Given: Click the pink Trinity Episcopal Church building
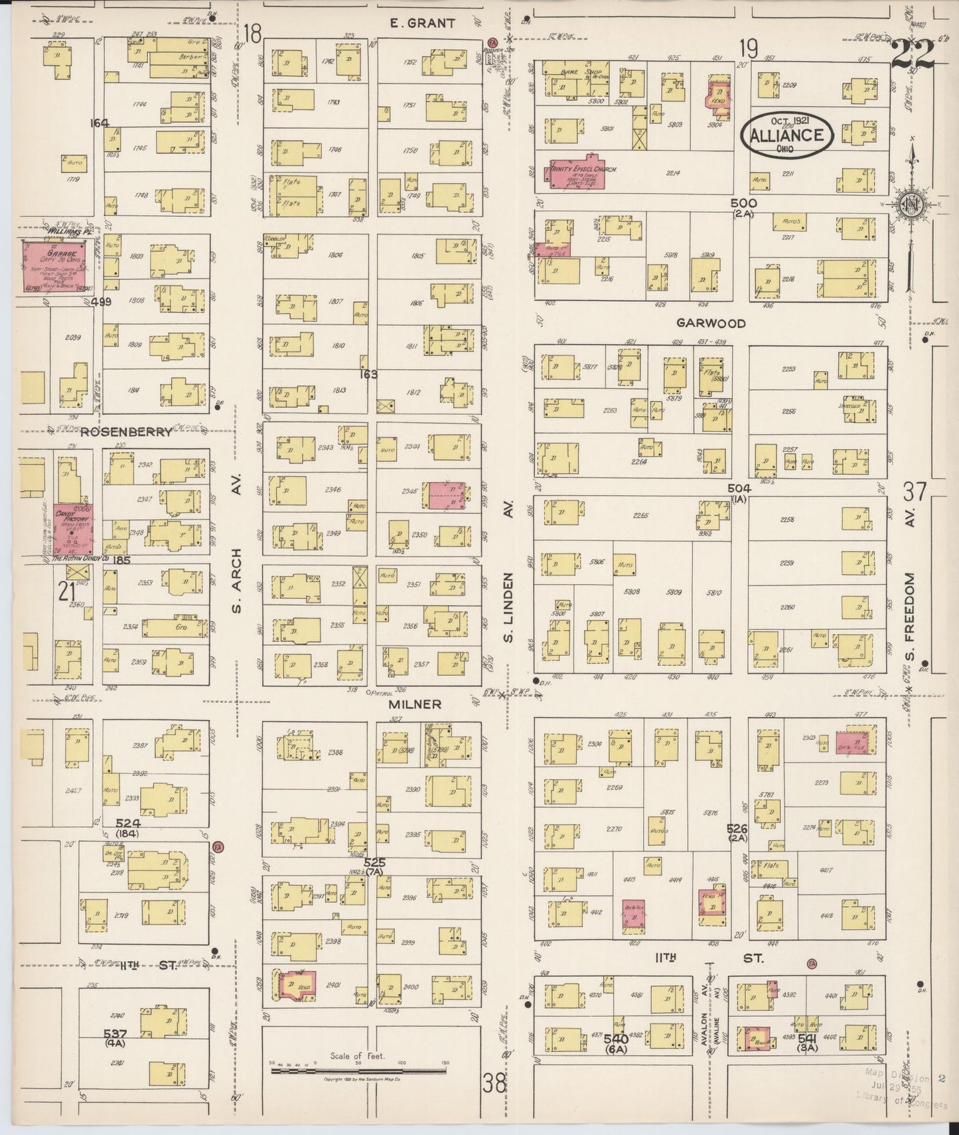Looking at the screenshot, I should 575,175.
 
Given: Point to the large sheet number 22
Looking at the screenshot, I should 914,54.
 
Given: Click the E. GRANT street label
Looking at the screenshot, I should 423,23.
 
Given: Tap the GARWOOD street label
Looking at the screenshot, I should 711,323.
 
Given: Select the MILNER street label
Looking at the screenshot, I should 415,704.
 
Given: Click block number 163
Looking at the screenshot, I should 368,374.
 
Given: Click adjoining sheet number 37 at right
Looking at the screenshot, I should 915,492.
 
